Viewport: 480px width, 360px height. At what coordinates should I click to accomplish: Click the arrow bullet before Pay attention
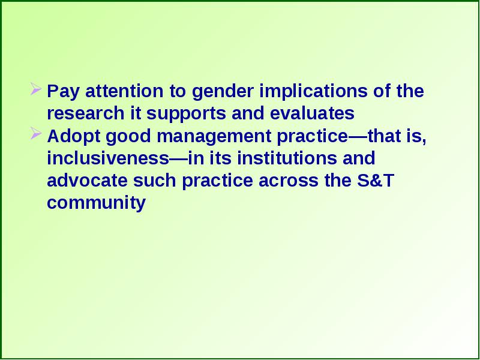point(36,89)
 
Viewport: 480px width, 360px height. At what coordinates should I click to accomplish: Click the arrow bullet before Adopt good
point(36,133)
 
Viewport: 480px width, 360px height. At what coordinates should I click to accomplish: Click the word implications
point(314,92)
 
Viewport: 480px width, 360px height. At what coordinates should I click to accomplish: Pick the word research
point(86,113)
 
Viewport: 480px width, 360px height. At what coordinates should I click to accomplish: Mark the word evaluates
point(312,113)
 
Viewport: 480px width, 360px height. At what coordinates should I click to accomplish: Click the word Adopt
point(74,137)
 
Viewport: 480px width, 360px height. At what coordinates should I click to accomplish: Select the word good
point(128,137)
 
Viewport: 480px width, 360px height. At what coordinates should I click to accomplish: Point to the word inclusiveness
point(108,158)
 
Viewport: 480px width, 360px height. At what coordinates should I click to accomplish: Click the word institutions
point(287,158)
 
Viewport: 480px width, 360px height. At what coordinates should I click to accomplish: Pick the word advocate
point(87,181)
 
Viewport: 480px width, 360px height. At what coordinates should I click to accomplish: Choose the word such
point(155,181)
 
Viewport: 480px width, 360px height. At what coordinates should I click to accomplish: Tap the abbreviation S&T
point(375,181)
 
